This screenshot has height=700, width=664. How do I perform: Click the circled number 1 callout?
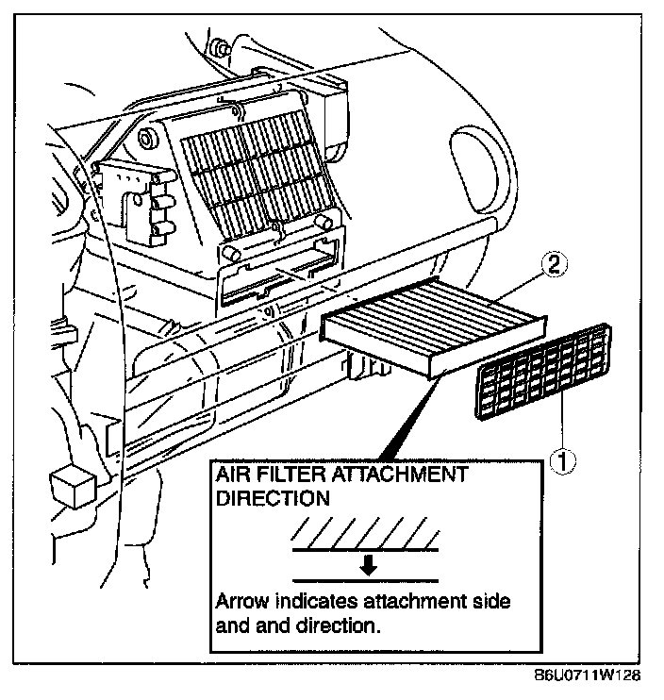564,460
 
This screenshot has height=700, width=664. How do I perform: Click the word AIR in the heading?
234,474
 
